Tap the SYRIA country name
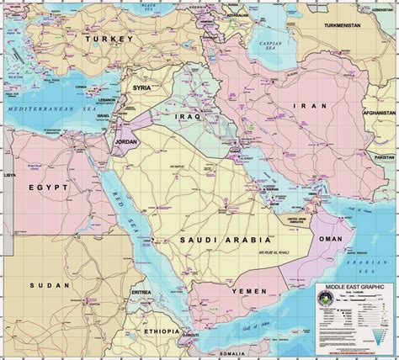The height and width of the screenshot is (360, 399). tap(141, 87)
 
